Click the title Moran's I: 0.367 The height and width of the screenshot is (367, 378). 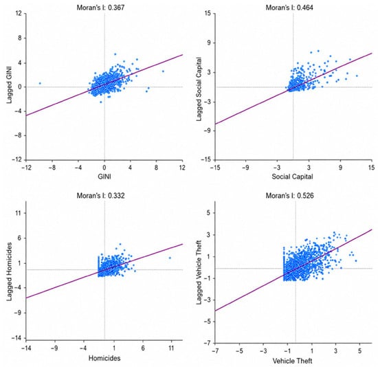[100, 8]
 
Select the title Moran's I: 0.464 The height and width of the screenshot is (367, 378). [289, 8]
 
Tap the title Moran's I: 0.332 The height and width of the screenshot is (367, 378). [100, 195]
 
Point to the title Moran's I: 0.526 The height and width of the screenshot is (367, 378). [290, 195]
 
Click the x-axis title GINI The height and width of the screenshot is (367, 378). [104, 177]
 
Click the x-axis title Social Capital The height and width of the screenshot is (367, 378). [292, 177]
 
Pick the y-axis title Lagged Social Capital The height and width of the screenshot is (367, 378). [199, 89]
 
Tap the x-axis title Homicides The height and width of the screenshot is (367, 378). [104, 358]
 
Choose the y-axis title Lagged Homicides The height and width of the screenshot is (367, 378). [9, 271]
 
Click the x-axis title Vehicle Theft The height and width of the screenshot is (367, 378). [292, 361]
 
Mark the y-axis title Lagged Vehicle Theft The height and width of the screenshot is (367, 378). [199, 272]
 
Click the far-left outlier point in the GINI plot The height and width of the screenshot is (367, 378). [40, 83]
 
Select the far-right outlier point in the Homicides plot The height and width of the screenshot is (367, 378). [170, 258]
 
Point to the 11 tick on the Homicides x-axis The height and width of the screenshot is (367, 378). [171, 348]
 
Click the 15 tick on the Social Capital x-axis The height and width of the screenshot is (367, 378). [372, 167]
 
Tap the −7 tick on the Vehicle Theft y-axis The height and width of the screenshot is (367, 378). [208, 343]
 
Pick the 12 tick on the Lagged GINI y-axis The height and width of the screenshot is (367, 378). [19, 14]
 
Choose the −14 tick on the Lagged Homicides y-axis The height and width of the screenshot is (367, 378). [16, 338]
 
